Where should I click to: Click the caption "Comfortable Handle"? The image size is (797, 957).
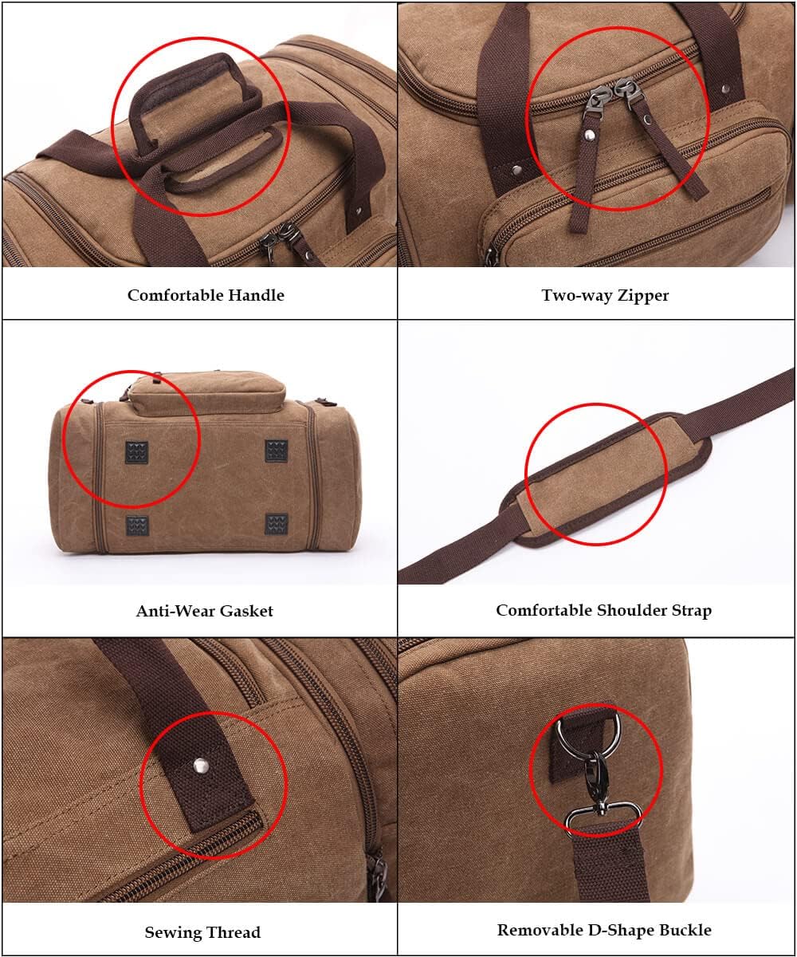[206, 295]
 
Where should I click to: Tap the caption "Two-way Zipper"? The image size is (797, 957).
[605, 295]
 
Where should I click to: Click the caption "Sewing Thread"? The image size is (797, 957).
[202, 931]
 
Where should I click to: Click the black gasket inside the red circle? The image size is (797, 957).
[136, 452]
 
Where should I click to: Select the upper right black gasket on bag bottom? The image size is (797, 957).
[277, 451]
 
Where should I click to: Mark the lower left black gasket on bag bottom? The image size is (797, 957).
[137, 525]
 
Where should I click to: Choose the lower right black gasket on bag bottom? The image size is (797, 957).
[277, 524]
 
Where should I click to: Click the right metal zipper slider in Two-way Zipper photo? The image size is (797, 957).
[624, 93]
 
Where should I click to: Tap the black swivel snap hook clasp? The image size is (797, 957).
[594, 782]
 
